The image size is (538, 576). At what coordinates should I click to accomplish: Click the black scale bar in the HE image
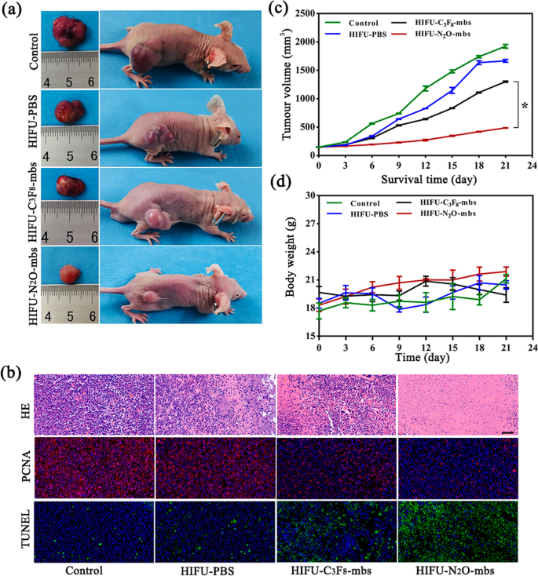pyautogui.click(x=508, y=431)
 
